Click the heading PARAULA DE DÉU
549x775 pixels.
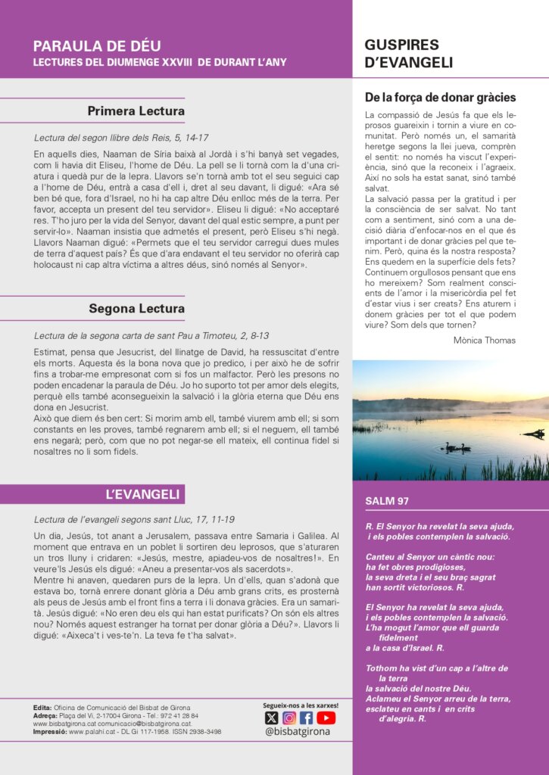pos(97,47)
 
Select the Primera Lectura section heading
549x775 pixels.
pos(136,112)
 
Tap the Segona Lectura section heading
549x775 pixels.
pos(136,309)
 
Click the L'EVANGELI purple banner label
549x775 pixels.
pos(142,495)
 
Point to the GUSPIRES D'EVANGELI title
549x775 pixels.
pos(409,54)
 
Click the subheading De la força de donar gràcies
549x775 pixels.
pos(440,98)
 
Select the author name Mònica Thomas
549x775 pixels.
pos(485,341)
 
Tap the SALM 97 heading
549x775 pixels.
pos(387,501)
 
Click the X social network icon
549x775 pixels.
pos(271,717)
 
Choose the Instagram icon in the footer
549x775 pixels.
pos(289,717)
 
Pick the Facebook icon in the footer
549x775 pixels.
pos(307,717)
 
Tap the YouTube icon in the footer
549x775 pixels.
pos(326,717)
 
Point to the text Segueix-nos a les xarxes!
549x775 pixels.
pos(301,705)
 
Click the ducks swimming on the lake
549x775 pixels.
pos(457,447)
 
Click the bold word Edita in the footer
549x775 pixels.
pos(42,708)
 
